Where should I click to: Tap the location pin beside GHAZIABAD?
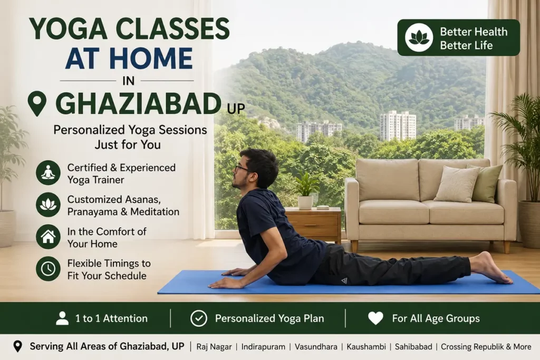tap(37, 103)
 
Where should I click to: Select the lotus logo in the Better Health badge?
tap(419, 37)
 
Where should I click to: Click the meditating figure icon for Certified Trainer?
tap(48, 173)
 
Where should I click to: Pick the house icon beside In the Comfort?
tap(48, 237)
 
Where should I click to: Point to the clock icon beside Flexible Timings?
tap(48, 269)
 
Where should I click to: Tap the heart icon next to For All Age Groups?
tap(375, 318)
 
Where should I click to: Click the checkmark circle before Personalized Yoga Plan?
tap(199, 318)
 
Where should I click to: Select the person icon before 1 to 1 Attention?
tap(62, 318)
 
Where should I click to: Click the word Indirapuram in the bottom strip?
tap(263, 347)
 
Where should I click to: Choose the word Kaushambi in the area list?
tap(366, 347)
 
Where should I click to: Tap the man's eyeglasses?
tap(243, 169)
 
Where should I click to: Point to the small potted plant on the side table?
tap(305, 191)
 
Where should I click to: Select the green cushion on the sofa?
tap(486, 183)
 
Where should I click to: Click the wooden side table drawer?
tap(312, 225)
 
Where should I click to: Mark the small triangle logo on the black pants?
tap(344, 281)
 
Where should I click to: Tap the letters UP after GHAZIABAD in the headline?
tap(236, 109)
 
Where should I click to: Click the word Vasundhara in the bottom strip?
tap(316, 347)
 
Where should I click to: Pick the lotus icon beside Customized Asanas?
tap(48, 205)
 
